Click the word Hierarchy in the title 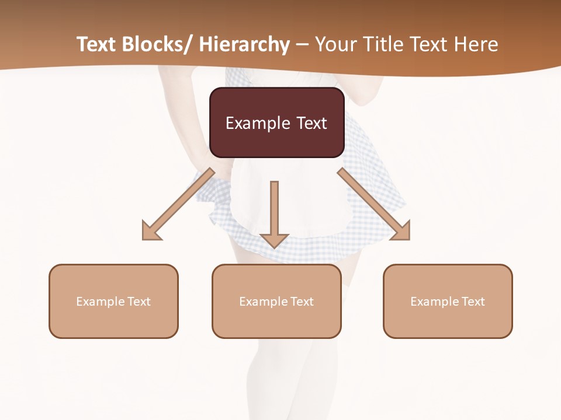pos(244,44)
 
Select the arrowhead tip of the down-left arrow pos(144,239)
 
